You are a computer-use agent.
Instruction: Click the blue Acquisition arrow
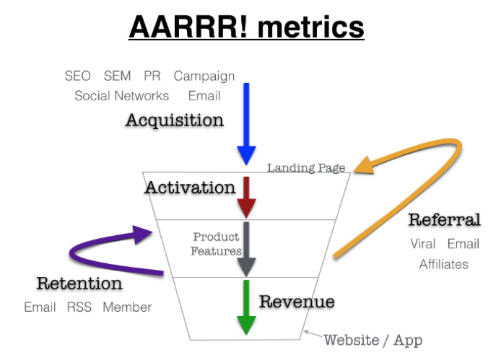pos(246,124)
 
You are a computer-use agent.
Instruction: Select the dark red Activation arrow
pos(246,197)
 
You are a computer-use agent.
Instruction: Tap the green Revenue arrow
pos(246,307)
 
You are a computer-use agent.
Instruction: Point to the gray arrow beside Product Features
pos(246,249)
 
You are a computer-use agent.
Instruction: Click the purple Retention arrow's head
pos(143,234)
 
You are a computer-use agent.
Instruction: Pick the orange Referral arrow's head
pos(365,166)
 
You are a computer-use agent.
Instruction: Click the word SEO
pos(77,76)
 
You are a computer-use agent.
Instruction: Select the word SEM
pos(117,76)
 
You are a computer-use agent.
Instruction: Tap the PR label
pos(152,76)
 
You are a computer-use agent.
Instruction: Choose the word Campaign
pos(204,76)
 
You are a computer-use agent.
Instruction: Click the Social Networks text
pos(122,96)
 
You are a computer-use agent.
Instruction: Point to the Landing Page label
pos(306,168)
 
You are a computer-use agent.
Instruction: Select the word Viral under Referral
pos(423,244)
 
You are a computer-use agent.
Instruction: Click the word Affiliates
pos(443,264)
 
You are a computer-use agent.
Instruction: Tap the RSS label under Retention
pos(79,307)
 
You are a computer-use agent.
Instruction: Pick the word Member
pos(127,307)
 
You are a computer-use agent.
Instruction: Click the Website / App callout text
pos(373,341)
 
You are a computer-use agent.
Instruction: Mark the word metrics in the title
pos(311,27)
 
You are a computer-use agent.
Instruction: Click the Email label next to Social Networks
pos(204,96)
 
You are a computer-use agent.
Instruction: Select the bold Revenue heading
pos(297,302)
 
